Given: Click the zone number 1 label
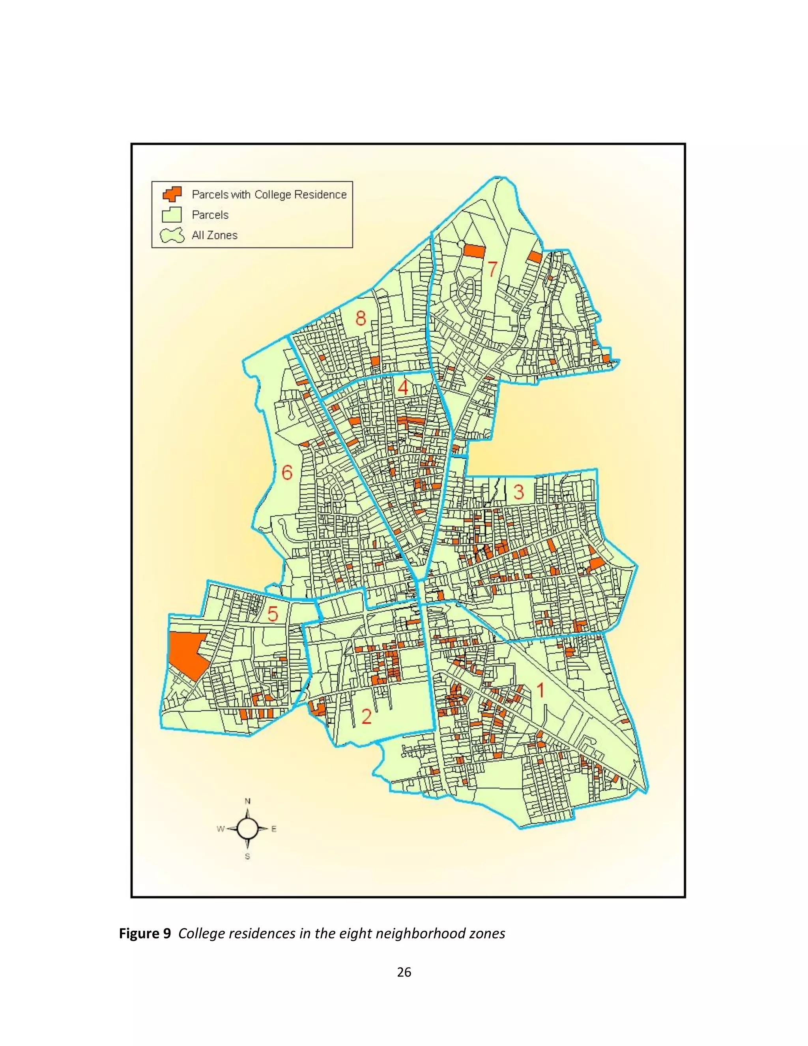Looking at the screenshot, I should point(540,690).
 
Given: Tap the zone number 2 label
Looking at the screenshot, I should point(366,729).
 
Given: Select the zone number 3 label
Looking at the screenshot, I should point(519,492).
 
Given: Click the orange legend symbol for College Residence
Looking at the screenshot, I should point(172,194).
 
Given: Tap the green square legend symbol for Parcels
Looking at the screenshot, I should point(172,215).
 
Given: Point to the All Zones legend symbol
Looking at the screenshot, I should point(172,235).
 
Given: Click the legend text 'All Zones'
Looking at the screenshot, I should point(215,235).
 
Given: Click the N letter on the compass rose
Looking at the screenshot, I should point(248,801).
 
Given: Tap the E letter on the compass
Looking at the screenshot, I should point(274,829).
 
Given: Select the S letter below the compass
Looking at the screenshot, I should point(247,857).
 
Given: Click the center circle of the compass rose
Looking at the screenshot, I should point(247,829).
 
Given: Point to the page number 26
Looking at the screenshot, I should point(404,972).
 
